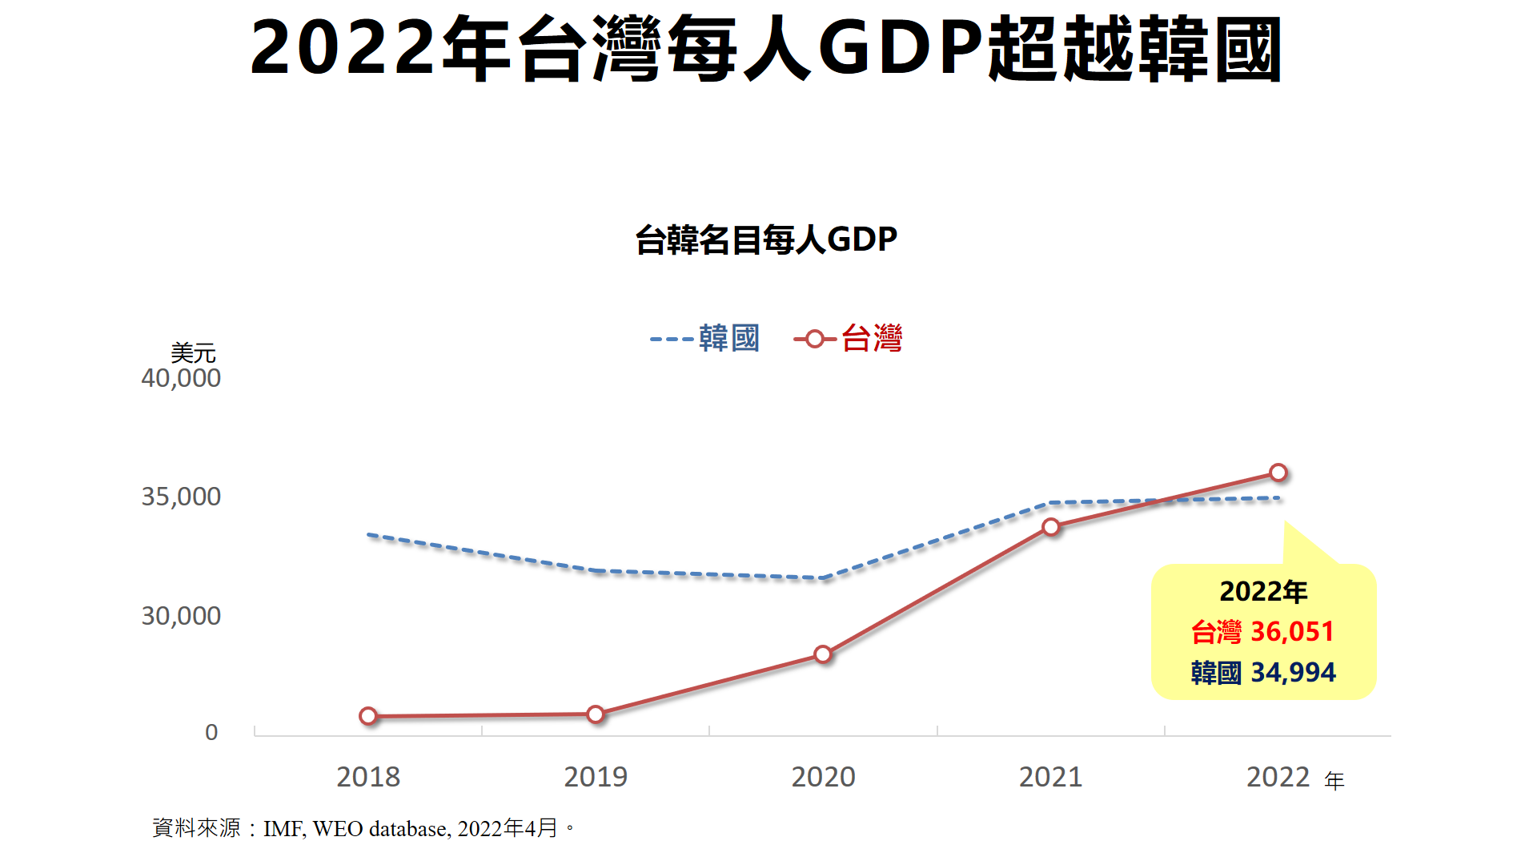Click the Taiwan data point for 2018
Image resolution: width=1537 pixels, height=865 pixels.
[368, 716]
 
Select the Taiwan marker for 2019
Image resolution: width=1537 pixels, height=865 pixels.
[596, 714]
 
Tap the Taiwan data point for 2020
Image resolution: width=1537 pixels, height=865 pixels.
[823, 654]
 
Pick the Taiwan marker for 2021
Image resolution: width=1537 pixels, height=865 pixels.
[1051, 526]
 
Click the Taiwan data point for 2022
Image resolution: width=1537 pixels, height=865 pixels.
[1278, 473]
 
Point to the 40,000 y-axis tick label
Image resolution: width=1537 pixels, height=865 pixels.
[181, 378]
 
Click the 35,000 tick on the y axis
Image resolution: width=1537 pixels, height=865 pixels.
[181, 497]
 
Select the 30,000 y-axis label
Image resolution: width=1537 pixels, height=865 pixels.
[181, 616]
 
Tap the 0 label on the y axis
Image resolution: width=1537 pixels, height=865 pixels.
[211, 732]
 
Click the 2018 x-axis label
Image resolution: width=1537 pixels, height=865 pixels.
[368, 777]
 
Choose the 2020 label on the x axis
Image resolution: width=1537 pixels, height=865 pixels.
[823, 777]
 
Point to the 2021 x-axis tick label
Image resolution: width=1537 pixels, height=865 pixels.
[1050, 777]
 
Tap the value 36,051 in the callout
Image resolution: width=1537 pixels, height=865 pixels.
[1292, 632]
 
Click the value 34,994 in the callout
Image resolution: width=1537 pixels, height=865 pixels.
[1293, 673]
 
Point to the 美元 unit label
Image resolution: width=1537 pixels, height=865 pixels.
[193, 352]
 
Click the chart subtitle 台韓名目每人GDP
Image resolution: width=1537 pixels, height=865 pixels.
[766, 239]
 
